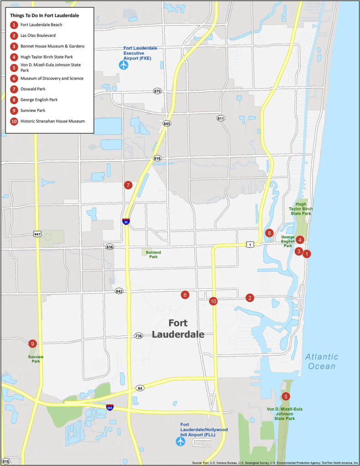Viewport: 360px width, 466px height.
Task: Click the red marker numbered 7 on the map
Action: pyautogui.click(x=128, y=185)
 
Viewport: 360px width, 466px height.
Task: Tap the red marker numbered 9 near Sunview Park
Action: pyautogui.click(x=32, y=344)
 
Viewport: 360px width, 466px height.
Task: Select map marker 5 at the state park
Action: pyautogui.click(x=286, y=396)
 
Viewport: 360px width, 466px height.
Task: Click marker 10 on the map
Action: pyautogui.click(x=213, y=301)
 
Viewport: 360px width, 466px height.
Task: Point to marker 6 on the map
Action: pyautogui.click(x=185, y=295)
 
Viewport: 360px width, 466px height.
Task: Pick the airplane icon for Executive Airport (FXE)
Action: pyautogui.click(x=124, y=65)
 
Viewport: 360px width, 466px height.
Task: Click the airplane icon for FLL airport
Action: pyautogui.click(x=181, y=441)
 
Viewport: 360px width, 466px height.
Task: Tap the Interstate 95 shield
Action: pyautogui.click(x=126, y=222)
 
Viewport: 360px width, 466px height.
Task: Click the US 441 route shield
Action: pyautogui.click(x=37, y=234)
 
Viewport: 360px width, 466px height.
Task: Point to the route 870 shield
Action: pyautogui.click(x=157, y=91)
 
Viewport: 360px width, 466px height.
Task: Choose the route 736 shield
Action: pyautogui.click(x=139, y=336)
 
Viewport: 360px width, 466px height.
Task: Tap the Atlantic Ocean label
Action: pyautogui.click(x=321, y=361)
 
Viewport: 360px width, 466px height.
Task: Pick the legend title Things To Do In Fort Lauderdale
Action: pyautogui.click(x=44, y=15)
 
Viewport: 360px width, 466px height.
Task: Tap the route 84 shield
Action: pyautogui.click(x=139, y=388)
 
